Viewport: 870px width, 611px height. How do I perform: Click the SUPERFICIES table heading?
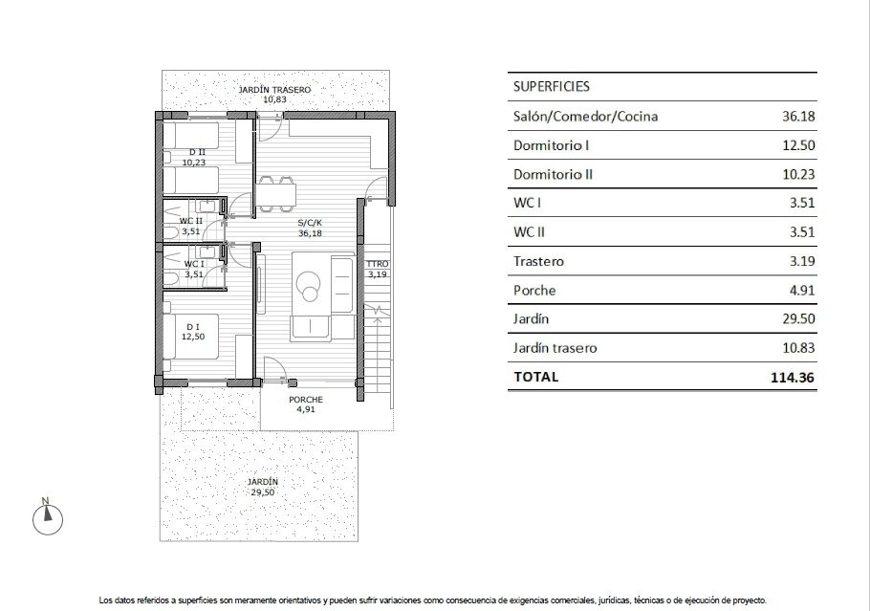(552, 86)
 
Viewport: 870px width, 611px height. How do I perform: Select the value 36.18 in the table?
(798, 117)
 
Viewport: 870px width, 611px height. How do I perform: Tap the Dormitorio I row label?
(551, 145)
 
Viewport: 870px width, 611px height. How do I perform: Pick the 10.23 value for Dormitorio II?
(798, 174)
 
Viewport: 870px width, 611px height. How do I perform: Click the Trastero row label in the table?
(539, 261)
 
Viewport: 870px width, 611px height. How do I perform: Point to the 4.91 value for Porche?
(801, 290)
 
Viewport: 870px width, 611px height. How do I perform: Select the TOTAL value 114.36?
(794, 377)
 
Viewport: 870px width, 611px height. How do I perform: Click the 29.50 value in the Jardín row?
(798, 319)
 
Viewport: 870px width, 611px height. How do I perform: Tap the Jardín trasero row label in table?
(555, 348)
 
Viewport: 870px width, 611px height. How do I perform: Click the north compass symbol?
(45, 518)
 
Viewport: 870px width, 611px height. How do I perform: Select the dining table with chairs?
(276, 192)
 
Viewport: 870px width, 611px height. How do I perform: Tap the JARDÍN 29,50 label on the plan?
(262, 487)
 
